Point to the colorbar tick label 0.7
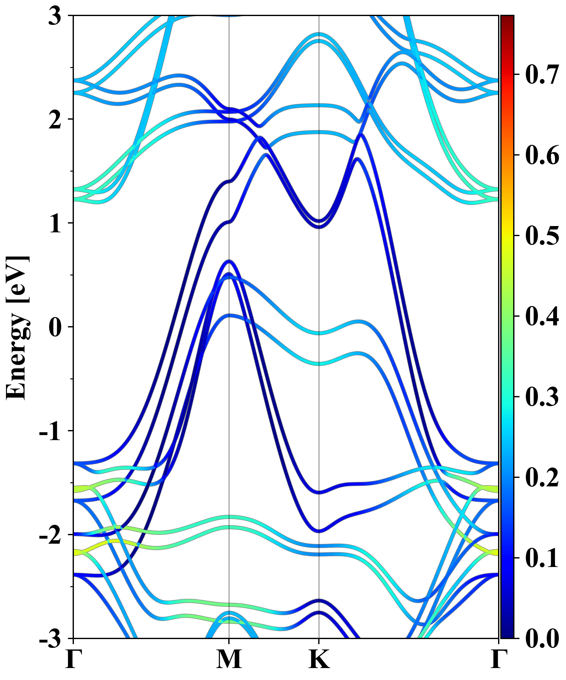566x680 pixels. pyautogui.click(x=542, y=75)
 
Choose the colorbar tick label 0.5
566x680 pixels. pyautogui.click(x=542, y=235)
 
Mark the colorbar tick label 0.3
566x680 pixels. pyautogui.click(x=542, y=397)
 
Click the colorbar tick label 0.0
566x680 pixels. pyautogui.click(x=542, y=639)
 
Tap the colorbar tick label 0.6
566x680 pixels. pyautogui.click(x=542, y=155)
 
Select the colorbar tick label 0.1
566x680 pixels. pyautogui.click(x=542, y=558)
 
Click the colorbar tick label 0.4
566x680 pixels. pyautogui.click(x=542, y=316)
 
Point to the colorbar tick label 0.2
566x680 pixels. pyautogui.click(x=542, y=477)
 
